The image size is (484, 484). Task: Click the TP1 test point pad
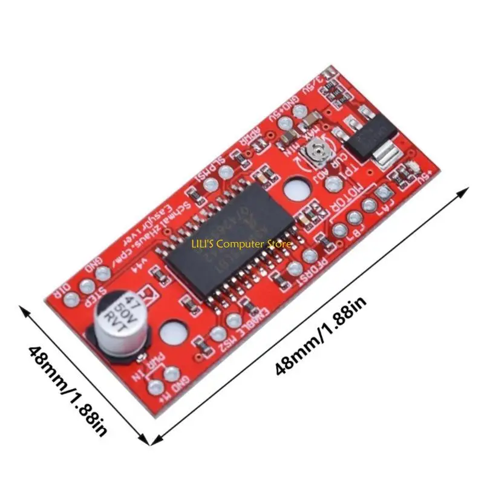[x=332, y=183]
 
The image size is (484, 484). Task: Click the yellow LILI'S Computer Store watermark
[x=241, y=244]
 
